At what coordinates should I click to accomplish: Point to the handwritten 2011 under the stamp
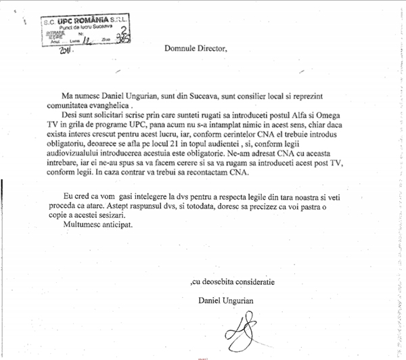click(66, 50)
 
